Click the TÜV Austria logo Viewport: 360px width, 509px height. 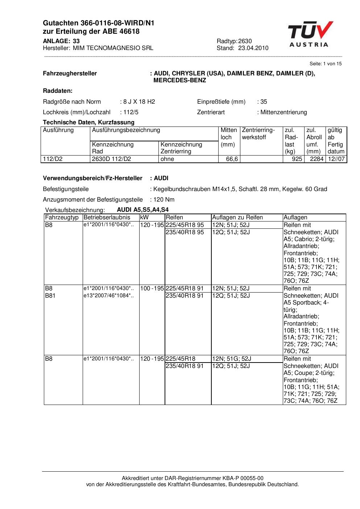click(310, 34)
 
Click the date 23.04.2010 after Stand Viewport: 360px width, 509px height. click(253, 48)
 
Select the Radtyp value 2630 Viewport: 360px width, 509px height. click(245, 41)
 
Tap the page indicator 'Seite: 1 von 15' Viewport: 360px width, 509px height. click(326, 64)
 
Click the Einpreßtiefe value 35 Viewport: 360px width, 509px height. click(264, 102)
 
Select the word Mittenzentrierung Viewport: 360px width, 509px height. click(284, 112)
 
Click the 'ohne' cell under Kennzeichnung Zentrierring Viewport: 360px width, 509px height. click(167, 159)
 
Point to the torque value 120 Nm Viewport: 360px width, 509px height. click(164, 200)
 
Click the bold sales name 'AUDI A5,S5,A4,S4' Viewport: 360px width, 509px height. click(143, 210)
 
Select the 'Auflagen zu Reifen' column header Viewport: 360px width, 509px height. click(237, 218)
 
